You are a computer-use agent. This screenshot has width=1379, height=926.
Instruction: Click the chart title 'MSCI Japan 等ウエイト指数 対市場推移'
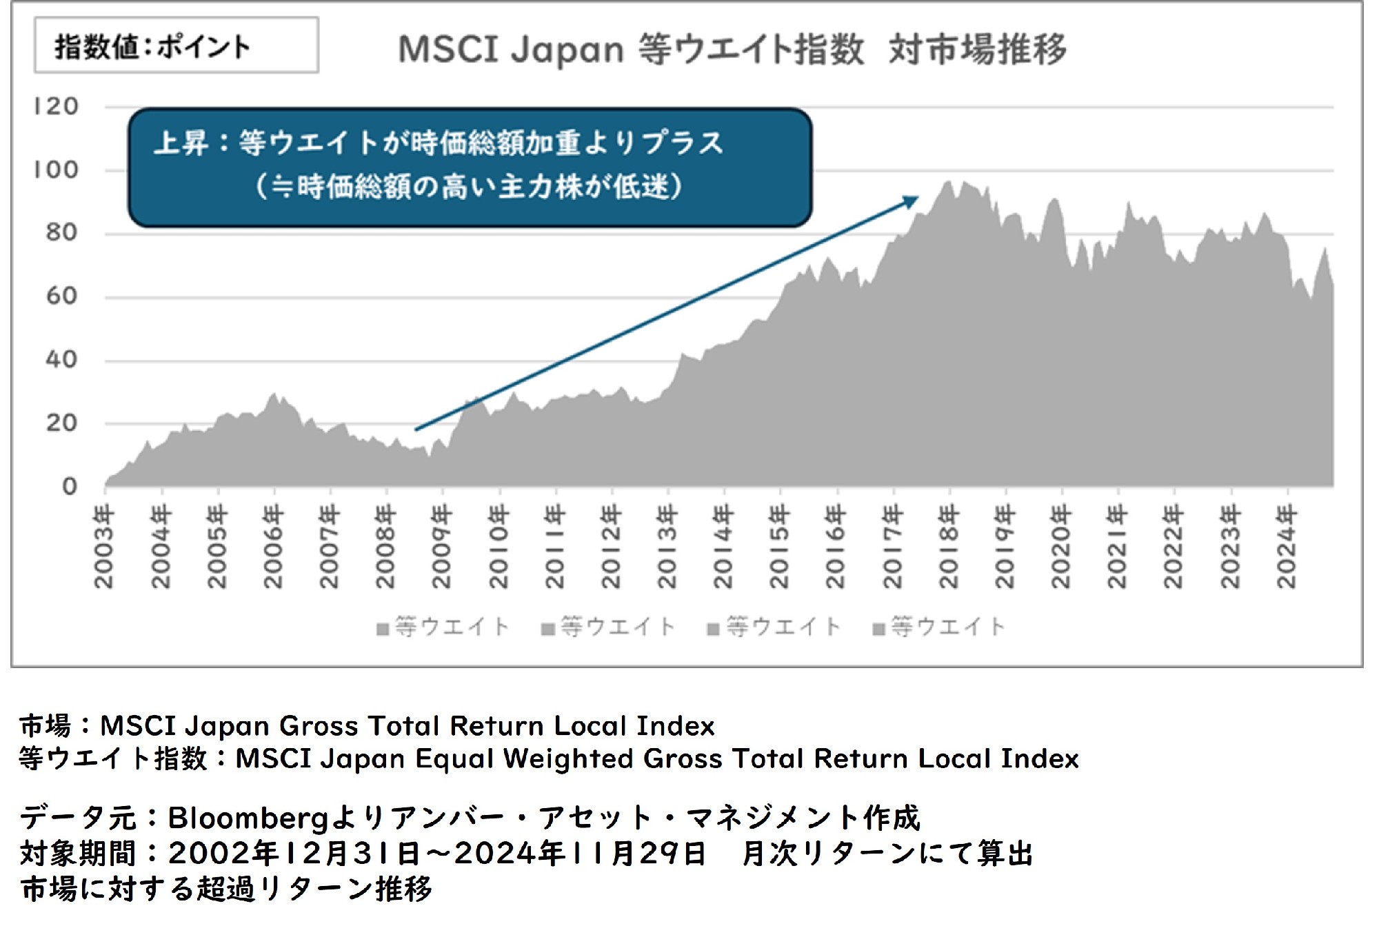coord(732,50)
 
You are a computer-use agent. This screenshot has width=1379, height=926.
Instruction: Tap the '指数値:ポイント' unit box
coord(176,46)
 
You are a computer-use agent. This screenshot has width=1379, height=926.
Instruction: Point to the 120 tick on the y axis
coord(57,107)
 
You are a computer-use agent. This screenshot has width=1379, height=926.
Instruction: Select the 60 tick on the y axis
coord(61,296)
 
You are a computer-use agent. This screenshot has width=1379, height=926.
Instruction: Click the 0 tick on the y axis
coord(69,486)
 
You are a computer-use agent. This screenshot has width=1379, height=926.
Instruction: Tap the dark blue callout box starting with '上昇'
coord(470,168)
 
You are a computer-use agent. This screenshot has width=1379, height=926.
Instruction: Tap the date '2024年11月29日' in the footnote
coord(580,854)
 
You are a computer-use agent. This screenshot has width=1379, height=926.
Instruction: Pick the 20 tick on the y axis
coord(61,423)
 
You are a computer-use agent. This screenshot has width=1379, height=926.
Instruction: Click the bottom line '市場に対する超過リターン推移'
coord(226,889)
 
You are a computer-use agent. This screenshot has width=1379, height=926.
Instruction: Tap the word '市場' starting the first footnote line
coord(45,725)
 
